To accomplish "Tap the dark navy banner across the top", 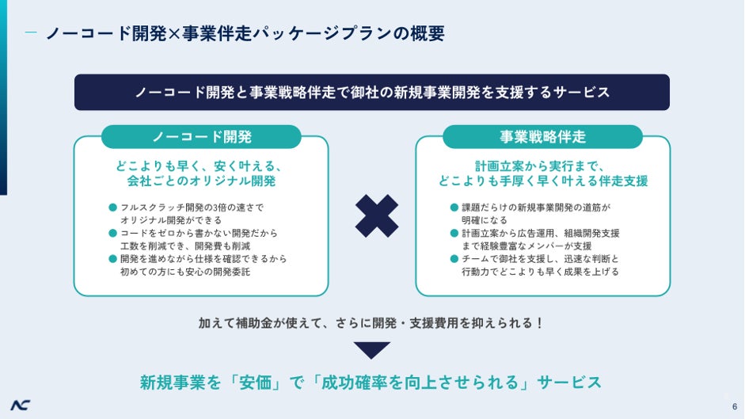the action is (371, 92).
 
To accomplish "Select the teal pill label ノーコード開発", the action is (201, 137).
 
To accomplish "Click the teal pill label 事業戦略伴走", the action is (542, 137).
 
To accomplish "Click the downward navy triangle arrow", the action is (372, 350).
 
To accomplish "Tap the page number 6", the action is (734, 406).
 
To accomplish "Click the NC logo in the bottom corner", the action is (21, 404).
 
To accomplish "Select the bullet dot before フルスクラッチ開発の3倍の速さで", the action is (112, 208).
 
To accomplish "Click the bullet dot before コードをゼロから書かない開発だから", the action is (112, 233).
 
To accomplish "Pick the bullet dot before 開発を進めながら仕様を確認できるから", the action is (112, 258).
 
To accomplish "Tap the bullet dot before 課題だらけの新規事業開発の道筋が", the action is (454, 208).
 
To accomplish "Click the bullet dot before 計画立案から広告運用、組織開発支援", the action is (454, 233).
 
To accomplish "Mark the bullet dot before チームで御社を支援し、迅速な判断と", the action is (454, 258).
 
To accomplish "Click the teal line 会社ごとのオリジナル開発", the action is (201, 181).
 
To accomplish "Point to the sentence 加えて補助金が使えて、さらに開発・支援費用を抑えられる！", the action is (371, 323).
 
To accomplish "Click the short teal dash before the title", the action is (31, 33).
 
